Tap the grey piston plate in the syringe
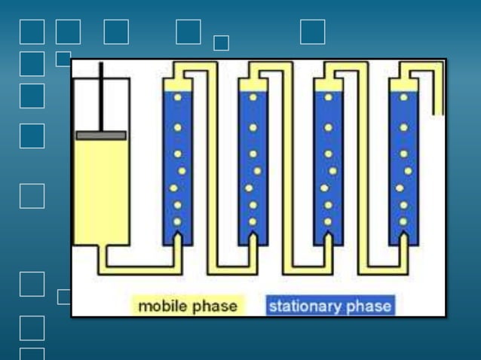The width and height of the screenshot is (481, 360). (x=101, y=136)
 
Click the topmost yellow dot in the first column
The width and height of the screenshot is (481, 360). (x=178, y=97)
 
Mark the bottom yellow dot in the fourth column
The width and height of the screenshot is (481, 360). (x=403, y=221)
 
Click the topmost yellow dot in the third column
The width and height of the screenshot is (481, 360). (x=329, y=97)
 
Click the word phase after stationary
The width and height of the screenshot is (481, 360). (x=369, y=306)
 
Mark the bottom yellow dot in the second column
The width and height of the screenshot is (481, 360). (x=253, y=221)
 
